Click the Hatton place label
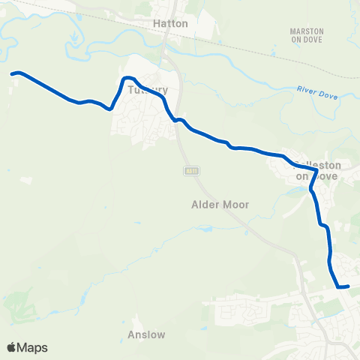[x=170, y=23]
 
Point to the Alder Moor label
[x=220, y=204]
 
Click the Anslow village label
[x=147, y=334]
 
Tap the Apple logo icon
[x=12, y=347]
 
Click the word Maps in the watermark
[x=32, y=347]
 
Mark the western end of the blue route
[x=13, y=73]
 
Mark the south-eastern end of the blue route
[x=348, y=286]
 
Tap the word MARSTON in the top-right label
[x=306, y=31]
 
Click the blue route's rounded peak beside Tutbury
[x=128, y=78]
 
